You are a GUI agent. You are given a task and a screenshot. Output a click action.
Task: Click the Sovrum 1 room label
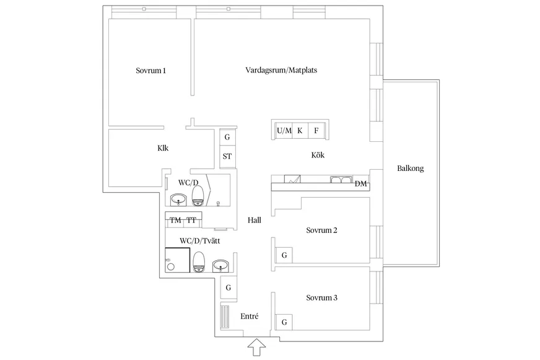(x=151, y=71)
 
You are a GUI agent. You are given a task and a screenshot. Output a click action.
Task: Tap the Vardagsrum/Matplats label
(x=281, y=70)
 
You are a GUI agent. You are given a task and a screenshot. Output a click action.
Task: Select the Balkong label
(x=410, y=169)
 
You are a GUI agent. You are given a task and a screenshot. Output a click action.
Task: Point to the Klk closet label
(x=163, y=148)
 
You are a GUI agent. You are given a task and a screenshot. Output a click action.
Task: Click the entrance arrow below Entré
(x=257, y=347)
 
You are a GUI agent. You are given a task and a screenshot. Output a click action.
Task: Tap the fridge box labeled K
(x=300, y=131)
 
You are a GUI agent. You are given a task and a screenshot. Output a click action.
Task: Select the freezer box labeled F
(x=316, y=131)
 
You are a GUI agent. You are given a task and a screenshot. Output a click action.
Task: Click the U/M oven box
(x=284, y=131)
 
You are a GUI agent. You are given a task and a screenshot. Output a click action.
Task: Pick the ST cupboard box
(x=227, y=156)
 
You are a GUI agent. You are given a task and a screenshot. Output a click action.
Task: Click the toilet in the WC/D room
(x=198, y=196)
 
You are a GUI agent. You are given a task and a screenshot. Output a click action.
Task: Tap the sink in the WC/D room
(x=178, y=200)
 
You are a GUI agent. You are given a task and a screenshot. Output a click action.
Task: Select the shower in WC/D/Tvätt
(x=177, y=260)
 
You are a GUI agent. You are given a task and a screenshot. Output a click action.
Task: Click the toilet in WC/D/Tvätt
(x=199, y=262)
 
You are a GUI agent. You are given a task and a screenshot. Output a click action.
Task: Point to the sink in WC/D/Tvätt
(x=220, y=266)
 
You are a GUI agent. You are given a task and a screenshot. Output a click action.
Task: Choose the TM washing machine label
(x=175, y=220)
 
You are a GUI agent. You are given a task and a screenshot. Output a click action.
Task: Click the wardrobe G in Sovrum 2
(x=284, y=255)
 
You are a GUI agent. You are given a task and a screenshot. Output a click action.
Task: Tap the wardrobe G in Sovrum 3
(x=284, y=322)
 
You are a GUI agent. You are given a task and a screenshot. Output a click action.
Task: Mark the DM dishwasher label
(x=360, y=184)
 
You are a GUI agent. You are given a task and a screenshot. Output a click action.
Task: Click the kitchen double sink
(x=341, y=180)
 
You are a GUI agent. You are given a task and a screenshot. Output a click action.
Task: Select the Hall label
(x=255, y=221)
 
